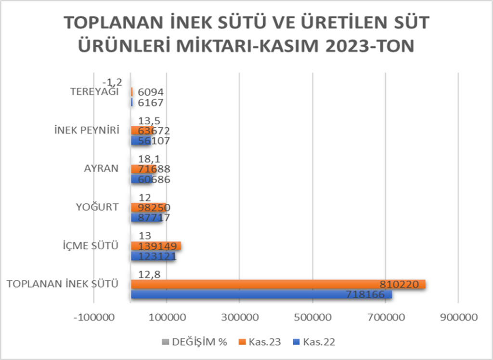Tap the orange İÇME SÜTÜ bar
pos(156,246)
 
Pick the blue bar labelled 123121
pos(153,256)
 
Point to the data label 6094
pos(151,92)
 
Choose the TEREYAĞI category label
pos(94,92)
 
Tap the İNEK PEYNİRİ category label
pos(87,131)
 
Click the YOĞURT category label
pos(97,207)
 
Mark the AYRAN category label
pos(102,169)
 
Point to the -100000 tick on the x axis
pos(94,318)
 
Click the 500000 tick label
pos(313,318)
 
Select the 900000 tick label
pos(459,318)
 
